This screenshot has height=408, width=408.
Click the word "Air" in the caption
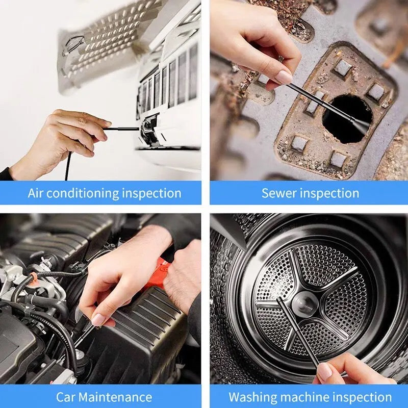pyautogui.click(x=37, y=193)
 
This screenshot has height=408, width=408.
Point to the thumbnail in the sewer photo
pyautogui.click(x=284, y=76)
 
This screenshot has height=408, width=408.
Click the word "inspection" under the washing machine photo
pyautogui.click(x=362, y=397)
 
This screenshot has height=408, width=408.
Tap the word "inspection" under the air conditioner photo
pyautogui.click(x=151, y=193)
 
